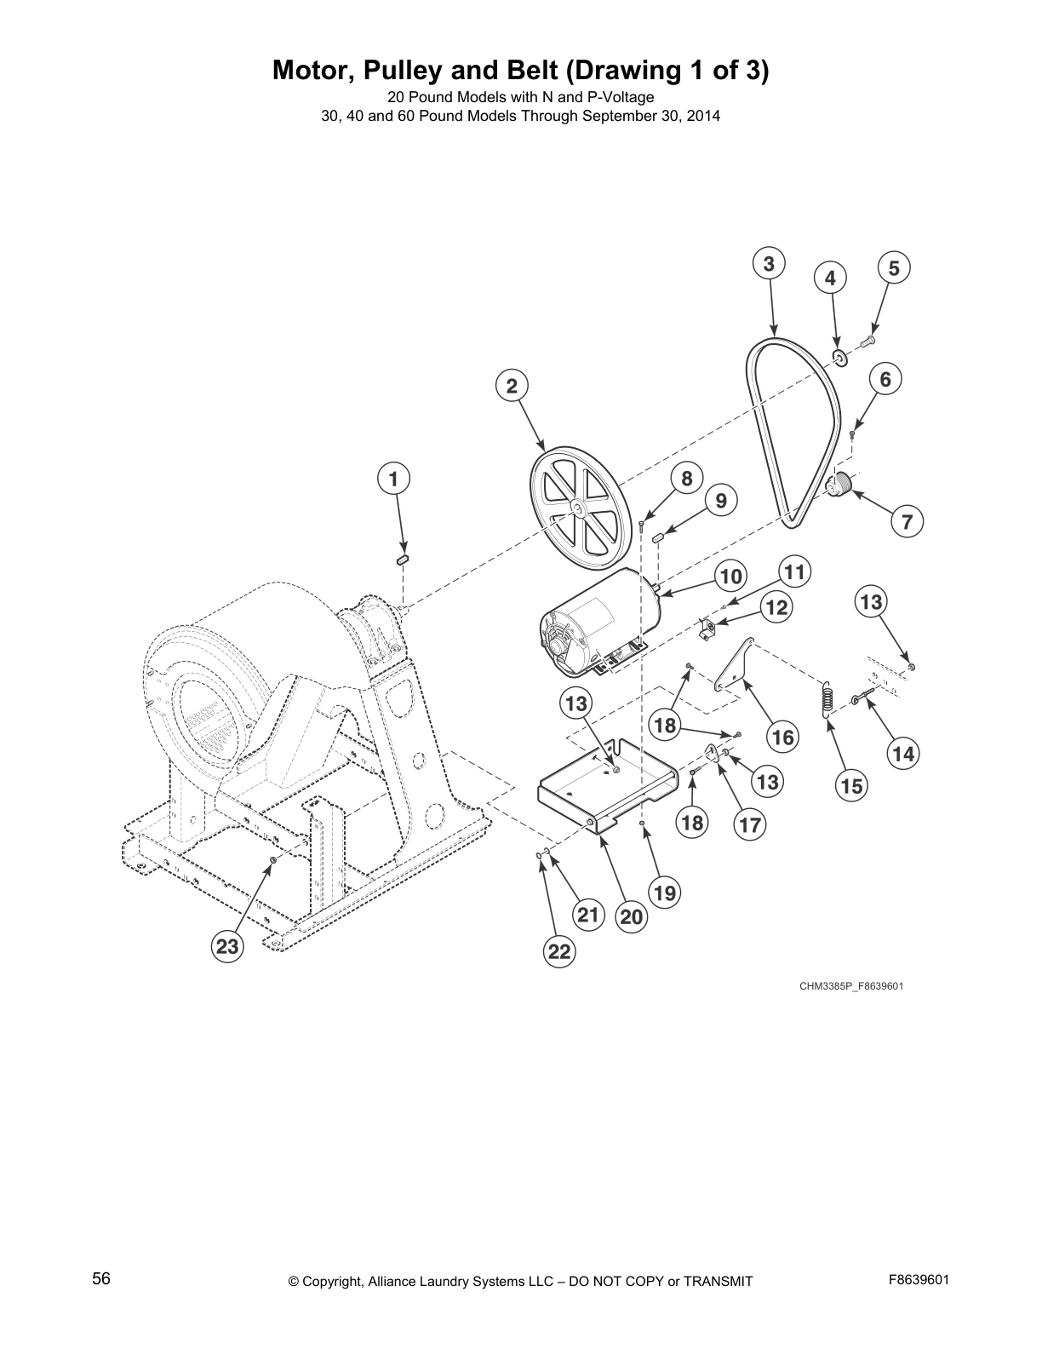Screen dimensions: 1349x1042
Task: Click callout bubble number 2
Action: (512, 386)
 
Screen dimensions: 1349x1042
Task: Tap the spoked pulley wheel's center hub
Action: (576, 509)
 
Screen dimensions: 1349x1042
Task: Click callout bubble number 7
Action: (907, 520)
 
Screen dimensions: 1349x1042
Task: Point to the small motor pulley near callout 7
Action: (841, 486)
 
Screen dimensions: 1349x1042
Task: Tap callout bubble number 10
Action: (731, 577)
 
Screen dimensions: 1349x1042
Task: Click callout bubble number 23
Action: (226, 947)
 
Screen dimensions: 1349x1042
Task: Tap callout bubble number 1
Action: (393, 479)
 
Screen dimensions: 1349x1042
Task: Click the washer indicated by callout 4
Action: (839, 357)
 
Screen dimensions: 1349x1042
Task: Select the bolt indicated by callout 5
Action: (869, 341)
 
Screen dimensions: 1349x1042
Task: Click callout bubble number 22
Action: (559, 952)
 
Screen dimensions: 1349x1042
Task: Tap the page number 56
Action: (101, 1279)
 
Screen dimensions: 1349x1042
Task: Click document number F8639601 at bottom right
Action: (919, 1279)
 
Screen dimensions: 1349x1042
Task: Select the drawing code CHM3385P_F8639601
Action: (850, 986)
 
